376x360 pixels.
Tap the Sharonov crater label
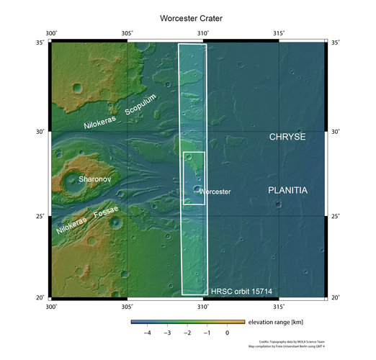pyautogui.click(x=95, y=177)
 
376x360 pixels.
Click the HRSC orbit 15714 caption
pyautogui.click(x=241, y=292)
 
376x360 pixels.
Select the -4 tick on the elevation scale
pyautogui.click(x=148, y=333)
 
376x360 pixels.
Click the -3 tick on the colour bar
pyautogui.click(x=167, y=333)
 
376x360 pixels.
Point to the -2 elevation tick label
pyautogui.click(x=187, y=333)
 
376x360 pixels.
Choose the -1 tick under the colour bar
pyautogui.click(x=207, y=333)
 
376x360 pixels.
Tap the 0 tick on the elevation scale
pyautogui.click(x=227, y=333)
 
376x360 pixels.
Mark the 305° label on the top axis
pyautogui.click(x=127, y=33)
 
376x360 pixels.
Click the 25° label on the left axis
pyautogui.click(x=40, y=216)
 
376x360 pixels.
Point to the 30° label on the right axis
pyautogui.click(x=336, y=132)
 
